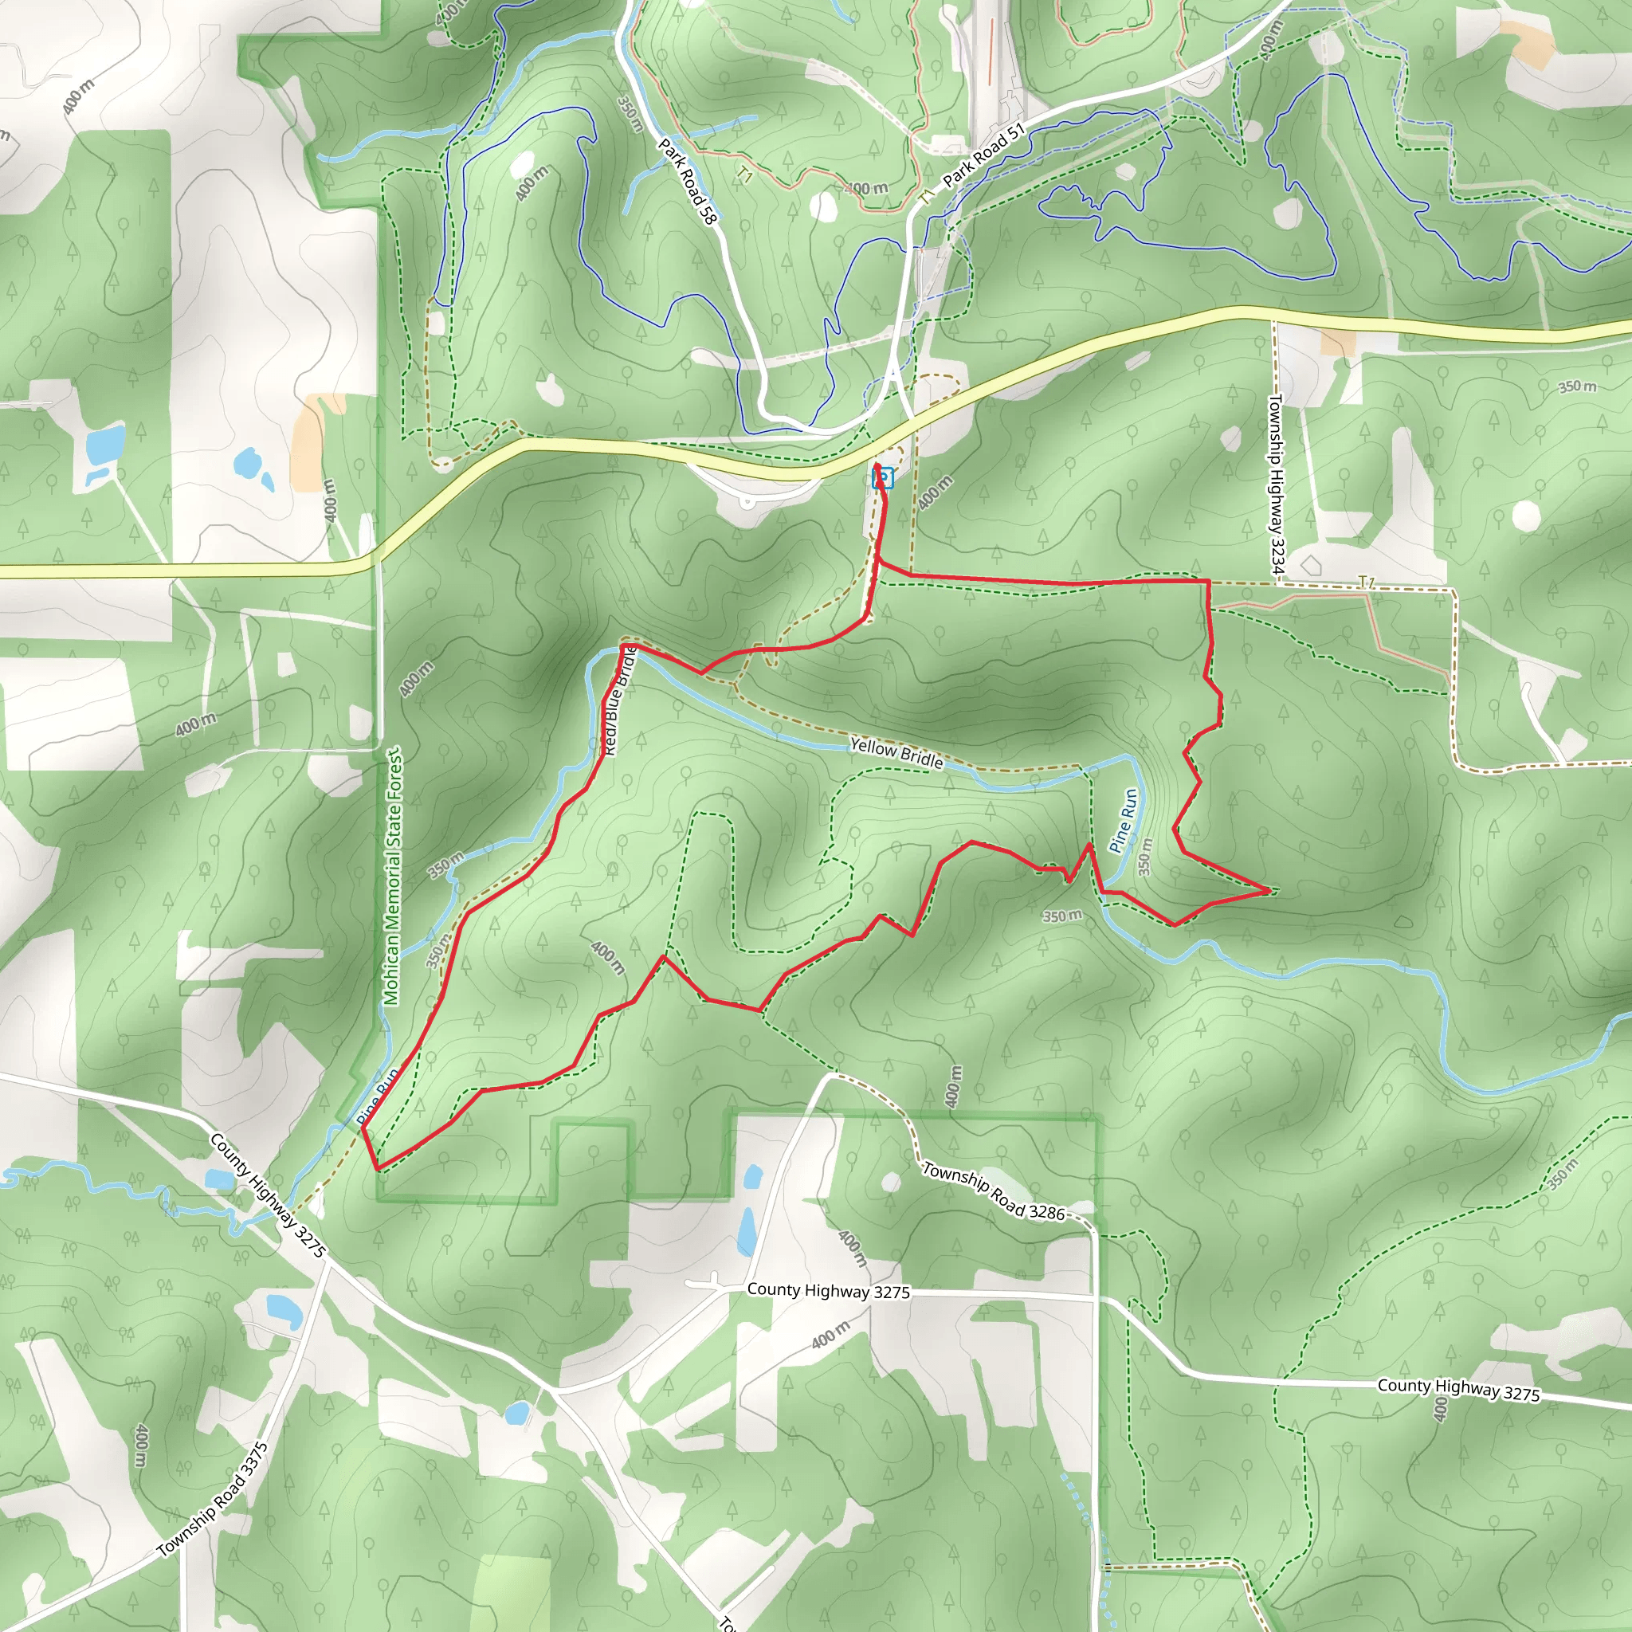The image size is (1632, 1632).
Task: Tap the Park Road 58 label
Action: (x=687, y=182)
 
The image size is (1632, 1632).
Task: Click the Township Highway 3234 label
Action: (x=1276, y=484)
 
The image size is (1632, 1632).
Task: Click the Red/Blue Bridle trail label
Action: (x=618, y=700)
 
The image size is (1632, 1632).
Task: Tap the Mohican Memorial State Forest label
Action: (x=393, y=876)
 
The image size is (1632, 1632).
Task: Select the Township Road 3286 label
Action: (x=994, y=1192)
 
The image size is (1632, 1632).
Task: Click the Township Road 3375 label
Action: (x=213, y=1500)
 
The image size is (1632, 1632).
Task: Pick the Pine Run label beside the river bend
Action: (x=1124, y=820)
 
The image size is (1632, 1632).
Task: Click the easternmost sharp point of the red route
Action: (x=1269, y=889)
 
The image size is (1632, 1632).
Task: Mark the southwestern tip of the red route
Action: (x=378, y=1170)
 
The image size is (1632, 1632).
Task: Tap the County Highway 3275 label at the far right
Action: (x=1459, y=1390)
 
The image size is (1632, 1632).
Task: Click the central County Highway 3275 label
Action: (x=828, y=1291)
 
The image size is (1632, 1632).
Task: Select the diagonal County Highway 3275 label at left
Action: (x=267, y=1195)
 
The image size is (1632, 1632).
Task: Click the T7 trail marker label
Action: (x=1366, y=582)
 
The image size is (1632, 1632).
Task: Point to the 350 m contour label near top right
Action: (x=1577, y=386)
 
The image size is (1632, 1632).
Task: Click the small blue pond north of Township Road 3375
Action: (x=283, y=1308)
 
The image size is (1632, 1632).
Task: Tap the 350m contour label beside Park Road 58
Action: (x=630, y=113)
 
